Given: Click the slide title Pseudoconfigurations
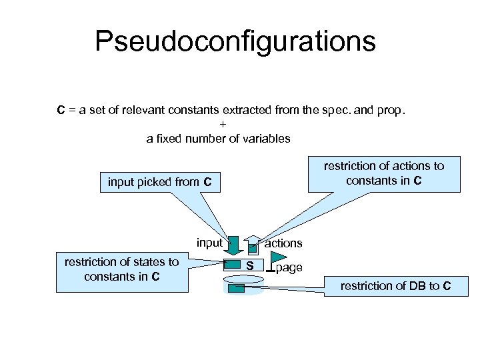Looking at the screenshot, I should (235, 41).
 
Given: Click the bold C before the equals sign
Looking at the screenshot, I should (61, 110).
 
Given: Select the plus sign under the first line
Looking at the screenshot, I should (223, 125).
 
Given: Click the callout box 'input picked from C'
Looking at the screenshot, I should (160, 182).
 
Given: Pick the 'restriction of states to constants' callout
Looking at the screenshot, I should (121, 269).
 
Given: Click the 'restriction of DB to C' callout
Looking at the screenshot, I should (395, 286).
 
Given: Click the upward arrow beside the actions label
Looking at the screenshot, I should (253, 245).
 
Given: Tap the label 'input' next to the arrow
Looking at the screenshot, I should (209, 243).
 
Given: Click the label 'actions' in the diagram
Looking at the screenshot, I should (283, 243).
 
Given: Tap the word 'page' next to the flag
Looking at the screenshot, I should (289, 267).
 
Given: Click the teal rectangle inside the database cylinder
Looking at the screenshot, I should (237, 289).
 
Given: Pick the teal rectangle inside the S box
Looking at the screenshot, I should (231, 266).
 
